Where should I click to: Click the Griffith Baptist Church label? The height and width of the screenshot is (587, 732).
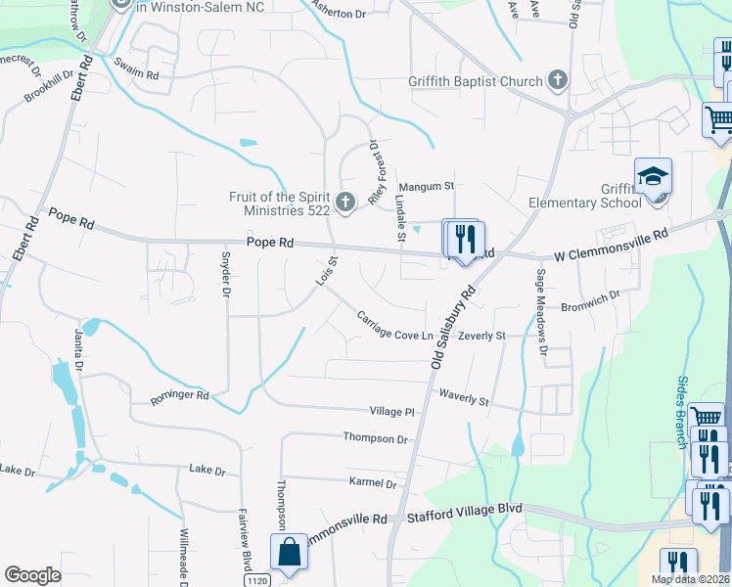(475, 81)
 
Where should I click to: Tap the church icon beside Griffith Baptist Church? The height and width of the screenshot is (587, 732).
(558, 80)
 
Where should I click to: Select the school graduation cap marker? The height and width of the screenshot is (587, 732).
(653, 177)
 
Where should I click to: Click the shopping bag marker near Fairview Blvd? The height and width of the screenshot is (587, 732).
(291, 553)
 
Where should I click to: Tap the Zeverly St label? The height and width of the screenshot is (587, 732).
(481, 336)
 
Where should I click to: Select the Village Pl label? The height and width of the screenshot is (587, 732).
(392, 412)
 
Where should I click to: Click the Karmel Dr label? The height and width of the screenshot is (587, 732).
(373, 482)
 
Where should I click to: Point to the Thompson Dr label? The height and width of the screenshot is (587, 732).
(375, 439)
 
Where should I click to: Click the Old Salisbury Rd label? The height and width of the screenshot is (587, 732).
(452, 327)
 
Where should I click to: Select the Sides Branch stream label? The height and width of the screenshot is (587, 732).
(683, 412)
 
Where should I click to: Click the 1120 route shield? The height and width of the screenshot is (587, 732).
(256, 581)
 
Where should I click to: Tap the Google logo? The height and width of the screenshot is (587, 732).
(32, 575)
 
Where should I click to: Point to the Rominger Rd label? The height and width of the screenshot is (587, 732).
(179, 397)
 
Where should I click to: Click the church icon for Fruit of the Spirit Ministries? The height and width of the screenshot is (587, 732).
(344, 203)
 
